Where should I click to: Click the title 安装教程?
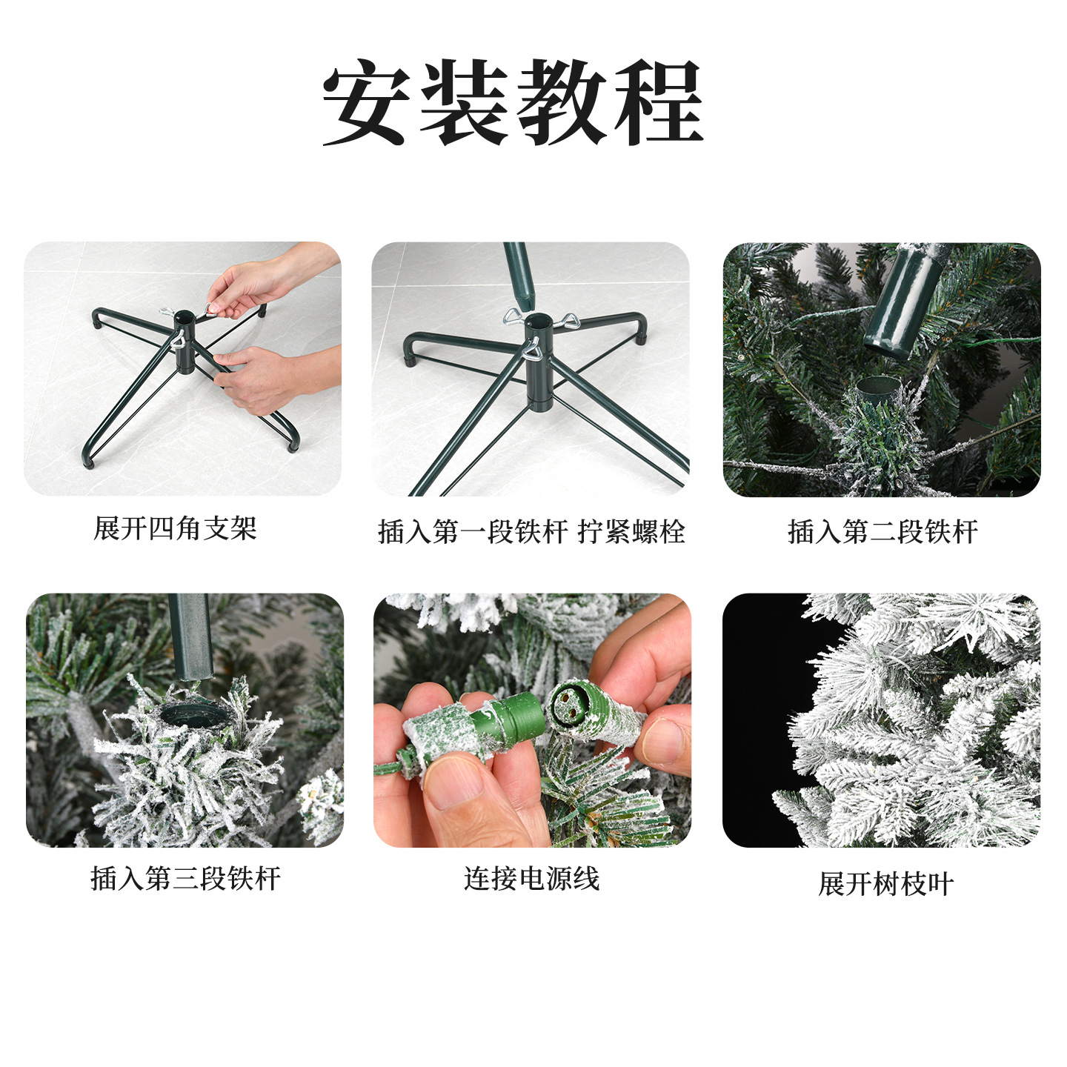pyautogui.click(x=513, y=102)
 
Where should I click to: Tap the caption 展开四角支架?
pyautogui.click(x=175, y=528)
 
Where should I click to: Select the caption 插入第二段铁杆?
pyautogui.click(x=882, y=531)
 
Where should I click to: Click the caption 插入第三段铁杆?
pyautogui.click(x=185, y=879)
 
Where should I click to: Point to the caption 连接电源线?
pyautogui.click(x=531, y=879)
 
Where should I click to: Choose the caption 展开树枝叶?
pyautogui.click(x=886, y=884)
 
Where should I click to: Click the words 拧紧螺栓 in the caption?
pyautogui.click(x=631, y=531)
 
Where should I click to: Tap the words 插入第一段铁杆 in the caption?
pyautogui.click(x=473, y=531)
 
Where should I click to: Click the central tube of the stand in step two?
pyautogui.click(x=539, y=362)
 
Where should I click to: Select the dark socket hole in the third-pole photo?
pyautogui.click(x=195, y=717)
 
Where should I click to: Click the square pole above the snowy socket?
pyautogui.click(x=190, y=636)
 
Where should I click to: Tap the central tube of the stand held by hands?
pyautogui.click(x=185, y=342)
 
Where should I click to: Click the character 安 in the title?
pyautogui.click(x=365, y=102)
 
